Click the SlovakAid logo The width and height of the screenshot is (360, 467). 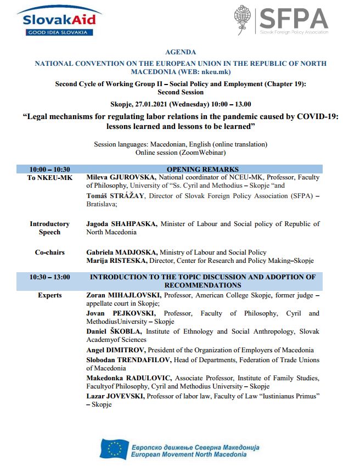point(59,21)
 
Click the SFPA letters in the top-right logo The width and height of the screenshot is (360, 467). point(294,18)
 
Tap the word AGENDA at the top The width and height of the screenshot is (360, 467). point(180,52)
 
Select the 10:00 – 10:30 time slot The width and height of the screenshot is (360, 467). point(50,169)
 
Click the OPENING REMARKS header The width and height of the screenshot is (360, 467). point(203,169)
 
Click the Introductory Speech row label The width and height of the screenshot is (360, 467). point(49,228)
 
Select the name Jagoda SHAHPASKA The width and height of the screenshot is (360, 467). point(121,224)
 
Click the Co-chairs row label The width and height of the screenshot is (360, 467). point(49,252)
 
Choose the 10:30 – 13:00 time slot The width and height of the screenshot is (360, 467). point(50,277)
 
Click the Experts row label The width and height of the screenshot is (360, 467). point(49,295)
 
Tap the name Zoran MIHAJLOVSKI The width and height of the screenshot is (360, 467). point(122,295)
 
